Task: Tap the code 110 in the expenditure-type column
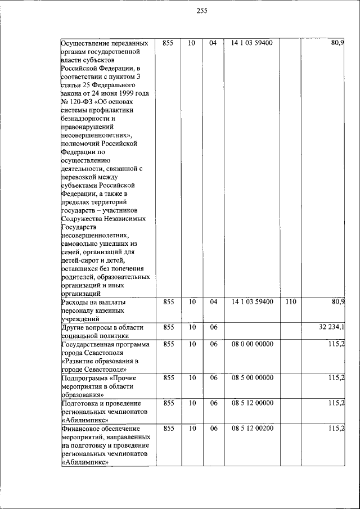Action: click(x=291, y=302)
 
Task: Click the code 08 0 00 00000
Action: click(x=252, y=344)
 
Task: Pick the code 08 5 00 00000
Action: click(x=252, y=377)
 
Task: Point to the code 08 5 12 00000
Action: click(x=252, y=403)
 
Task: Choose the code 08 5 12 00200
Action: click(x=252, y=429)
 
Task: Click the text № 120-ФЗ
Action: click(x=76, y=101)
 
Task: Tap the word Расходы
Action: click(x=76, y=302)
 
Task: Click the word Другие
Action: click(x=74, y=327)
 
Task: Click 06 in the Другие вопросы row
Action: click(x=213, y=327)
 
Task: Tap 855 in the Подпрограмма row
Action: click(x=168, y=377)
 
